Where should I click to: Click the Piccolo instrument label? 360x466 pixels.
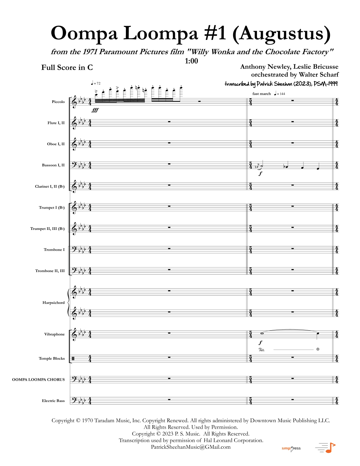click(x=58, y=102)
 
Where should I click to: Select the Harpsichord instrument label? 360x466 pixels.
click(x=54, y=302)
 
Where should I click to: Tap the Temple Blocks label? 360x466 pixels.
click(x=52, y=358)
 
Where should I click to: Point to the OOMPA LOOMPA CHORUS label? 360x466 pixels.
click(x=39, y=380)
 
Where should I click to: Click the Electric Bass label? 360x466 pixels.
click(x=53, y=401)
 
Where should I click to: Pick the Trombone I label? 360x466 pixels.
click(x=54, y=250)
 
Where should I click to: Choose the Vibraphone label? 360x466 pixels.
click(x=55, y=334)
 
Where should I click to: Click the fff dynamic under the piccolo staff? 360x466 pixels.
click(x=95, y=110)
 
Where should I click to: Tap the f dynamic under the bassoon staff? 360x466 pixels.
click(x=260, y=174)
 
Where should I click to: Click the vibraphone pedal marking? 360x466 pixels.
click(x=262, y=350)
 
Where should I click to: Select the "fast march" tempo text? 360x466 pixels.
click(x=262, y=94)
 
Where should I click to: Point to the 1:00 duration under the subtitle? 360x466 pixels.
click(x=191, y=61)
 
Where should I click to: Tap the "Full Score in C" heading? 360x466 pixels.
click(x=67, y=67)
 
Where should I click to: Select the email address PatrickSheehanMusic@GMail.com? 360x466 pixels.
click(x=191, y=447)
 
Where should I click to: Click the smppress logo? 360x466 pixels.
click(x=291, y=448)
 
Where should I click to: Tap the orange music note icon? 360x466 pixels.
click(x=330, y=448)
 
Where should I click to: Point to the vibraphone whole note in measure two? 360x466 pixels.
click(x=262, y=334)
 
